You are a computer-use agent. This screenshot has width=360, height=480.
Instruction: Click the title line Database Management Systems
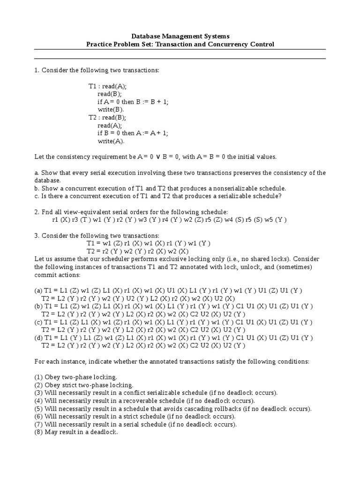(180, 36)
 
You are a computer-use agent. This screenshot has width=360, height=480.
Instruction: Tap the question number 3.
(36, 235)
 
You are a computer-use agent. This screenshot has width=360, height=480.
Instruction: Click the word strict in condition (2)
(68, 385)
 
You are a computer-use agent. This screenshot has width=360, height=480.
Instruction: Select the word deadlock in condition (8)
(104, 432)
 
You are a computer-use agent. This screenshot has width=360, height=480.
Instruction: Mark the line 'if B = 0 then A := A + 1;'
(133, 133)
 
